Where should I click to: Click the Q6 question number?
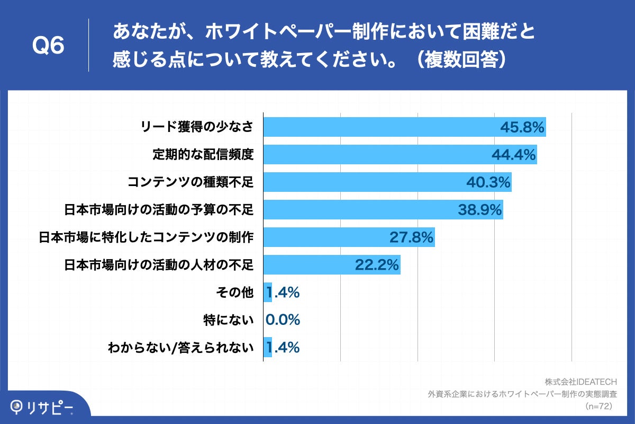48,46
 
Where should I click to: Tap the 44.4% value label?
513,155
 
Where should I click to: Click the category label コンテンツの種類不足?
190,183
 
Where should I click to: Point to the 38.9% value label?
479,210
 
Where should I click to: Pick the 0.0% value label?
283,320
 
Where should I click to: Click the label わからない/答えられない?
181,348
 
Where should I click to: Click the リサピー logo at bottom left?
42,407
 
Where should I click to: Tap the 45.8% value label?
522,127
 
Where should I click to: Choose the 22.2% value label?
376,265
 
